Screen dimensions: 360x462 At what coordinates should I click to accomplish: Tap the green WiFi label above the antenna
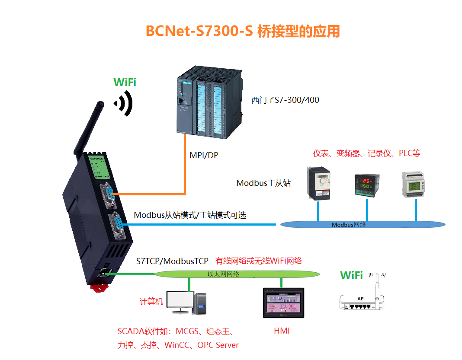pyautogui.click(x=125, y=82)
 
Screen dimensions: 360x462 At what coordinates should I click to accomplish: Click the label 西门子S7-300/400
pyautogui.click(x=285, y=100)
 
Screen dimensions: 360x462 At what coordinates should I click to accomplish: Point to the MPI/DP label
pyautogui.click(x=204, y=155)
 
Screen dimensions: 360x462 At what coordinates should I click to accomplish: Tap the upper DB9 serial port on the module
pyautogui.click(x=108, y=196)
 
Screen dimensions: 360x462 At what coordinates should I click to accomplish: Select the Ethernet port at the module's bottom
pyautogui.click(x=105, y=273)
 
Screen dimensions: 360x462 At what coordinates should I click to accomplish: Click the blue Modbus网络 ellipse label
pyautogui.click(x=349, y=225)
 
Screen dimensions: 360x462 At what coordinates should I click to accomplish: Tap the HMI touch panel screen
pyautogui.click(x=283, y=303)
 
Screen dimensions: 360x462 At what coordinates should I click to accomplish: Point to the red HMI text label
pyautogui.click(x=282, y=331)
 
